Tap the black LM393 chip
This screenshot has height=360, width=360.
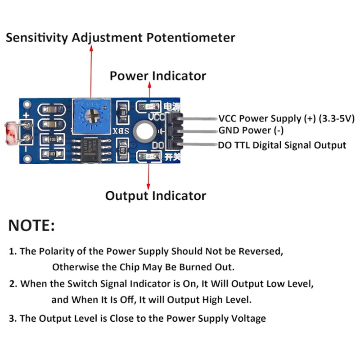tap(91, 150)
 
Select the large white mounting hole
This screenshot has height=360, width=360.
tap(145, 131)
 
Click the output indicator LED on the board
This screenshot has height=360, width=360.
tap(149, 157)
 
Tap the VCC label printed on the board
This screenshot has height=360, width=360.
tap(156, 117)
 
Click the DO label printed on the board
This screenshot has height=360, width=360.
tap(158, 145)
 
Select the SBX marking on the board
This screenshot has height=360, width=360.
tap(121, 131)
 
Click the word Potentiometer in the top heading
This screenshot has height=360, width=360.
tap(191, 37)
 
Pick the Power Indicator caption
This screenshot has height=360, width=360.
tap(158, 76)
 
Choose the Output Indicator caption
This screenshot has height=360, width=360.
tap(155, 196)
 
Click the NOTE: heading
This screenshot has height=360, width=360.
tap(31, 225)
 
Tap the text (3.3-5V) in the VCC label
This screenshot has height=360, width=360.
tap(337, 118)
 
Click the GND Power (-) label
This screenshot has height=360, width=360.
tap(251, 130)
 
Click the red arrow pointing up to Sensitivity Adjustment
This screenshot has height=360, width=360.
tap(91, 72)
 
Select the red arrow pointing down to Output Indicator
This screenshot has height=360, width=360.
tap(148, 176)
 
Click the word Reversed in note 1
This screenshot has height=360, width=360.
tap(261, 251)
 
